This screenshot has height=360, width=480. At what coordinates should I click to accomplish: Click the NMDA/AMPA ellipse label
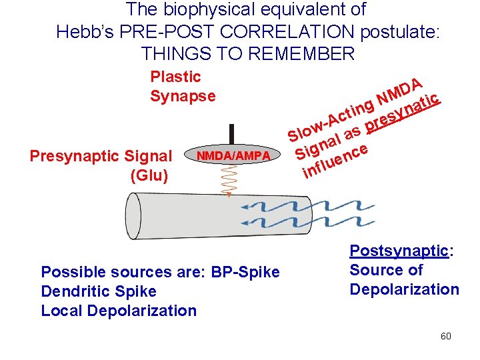pyautogui.click(x=229, y=155)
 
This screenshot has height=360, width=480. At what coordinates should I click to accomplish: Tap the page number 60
pyautogui.click(x=445, y=336)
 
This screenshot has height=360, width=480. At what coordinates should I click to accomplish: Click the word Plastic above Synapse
pyautogui.click(x=175, y=77)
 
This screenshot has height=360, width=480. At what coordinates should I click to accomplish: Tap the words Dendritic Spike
pyautogui.click(x=99, y=291)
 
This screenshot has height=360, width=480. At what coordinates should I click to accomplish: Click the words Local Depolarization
pyautogui.click(x=119, y=311)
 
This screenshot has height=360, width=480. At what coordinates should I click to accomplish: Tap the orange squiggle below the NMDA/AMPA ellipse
pyautogui.click(x=229, y=180)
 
